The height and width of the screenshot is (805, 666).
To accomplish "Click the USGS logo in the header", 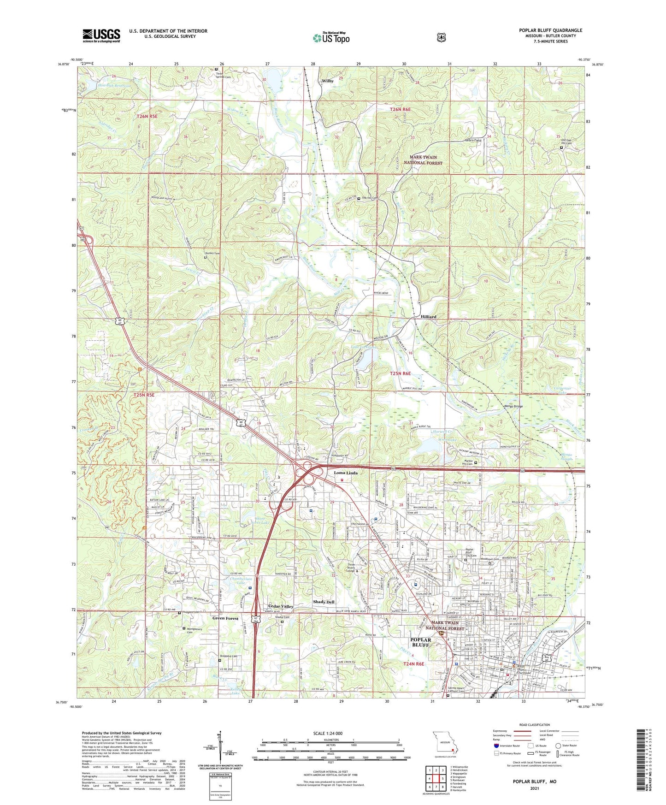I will point(101,36).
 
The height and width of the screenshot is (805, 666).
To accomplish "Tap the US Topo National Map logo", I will point(330,37).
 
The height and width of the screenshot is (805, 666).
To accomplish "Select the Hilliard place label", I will point(428,317).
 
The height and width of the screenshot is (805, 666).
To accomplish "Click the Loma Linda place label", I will point(346,473).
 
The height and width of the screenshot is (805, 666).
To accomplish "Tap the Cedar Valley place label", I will point(281,606).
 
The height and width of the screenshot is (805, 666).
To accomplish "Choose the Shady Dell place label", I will point(324,602).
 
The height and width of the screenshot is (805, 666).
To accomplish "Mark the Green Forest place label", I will point(225,618).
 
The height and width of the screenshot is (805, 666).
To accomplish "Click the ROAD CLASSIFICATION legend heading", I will point(534,725).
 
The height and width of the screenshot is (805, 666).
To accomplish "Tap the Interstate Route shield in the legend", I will point(496,745).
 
